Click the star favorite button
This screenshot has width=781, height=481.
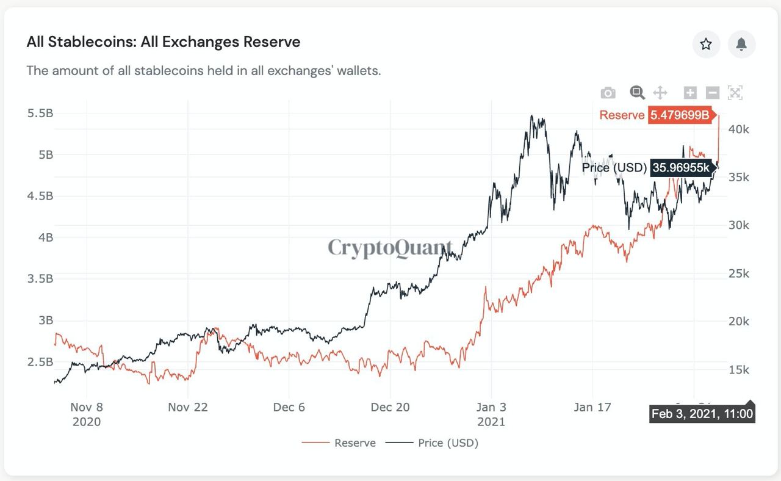(x=706, y=44)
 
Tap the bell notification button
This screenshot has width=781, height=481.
(x=741, y=44)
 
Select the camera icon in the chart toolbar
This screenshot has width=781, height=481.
(x=608, y=93)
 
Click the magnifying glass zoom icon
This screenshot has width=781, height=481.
(x=637, y=93)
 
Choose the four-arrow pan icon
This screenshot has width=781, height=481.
(x=660, y=93)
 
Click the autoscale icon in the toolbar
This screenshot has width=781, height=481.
(x=735, y=93)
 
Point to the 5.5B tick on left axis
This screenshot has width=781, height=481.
(x=40, y=114)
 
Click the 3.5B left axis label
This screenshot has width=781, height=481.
(x=40, y=279)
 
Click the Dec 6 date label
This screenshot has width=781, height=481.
(x=289, y=407)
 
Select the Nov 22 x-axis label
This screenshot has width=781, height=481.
(x=188, y=407)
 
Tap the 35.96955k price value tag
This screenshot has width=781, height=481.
(x=681, y=167)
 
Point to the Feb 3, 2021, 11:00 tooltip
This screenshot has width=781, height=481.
(x=702, y=414)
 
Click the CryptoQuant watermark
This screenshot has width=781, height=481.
(x=390, y=248)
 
